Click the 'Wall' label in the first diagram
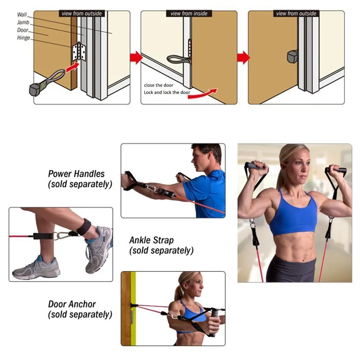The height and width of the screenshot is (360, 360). (22, 15)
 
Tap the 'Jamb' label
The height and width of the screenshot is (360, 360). (23, 22)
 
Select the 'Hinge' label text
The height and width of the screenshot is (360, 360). (23, 38)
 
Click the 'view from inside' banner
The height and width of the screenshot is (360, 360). (189, 14)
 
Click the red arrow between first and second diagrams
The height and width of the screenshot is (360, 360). (136, 58)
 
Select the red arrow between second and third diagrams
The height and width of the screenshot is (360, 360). (243, 58)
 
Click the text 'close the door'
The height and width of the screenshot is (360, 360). (159, 85)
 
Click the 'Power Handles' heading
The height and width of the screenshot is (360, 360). (76, 174)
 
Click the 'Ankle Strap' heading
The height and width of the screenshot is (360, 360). (151, 240)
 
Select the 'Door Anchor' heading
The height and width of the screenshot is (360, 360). (72, 304)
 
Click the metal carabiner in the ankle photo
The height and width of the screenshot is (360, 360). (61, 236)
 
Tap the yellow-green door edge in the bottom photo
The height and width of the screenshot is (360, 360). (133, 308)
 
